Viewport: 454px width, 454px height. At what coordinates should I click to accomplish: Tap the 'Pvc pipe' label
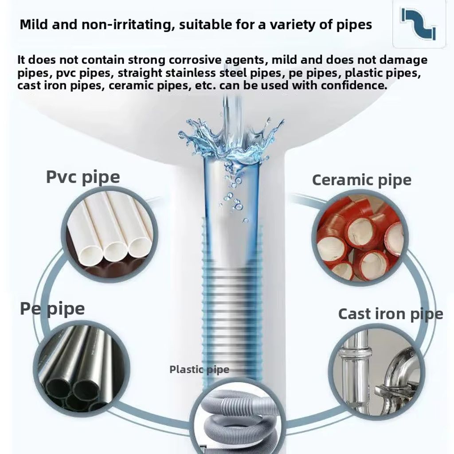pyautogui.click(x=83, y=177)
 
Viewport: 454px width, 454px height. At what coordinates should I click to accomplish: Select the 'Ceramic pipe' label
pyautogui.click(x=361, y=180)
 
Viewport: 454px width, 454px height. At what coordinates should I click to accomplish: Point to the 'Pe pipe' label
pyautogui.click(x=52, y=309)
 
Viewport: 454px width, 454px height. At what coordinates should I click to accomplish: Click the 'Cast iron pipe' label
pyautogui.click(x=390, y=314)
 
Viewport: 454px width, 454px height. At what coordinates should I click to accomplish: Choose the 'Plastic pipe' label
pyautogui.click(x=199, y=369)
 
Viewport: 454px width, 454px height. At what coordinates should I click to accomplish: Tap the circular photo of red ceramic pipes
pyautogui.click(x=360, y=238)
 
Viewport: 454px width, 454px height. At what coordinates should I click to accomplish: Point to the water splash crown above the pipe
pyautogui.click(x=231, y=137)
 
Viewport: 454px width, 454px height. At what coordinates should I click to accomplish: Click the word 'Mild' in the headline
pyautogui.click(x=35, y=24)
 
